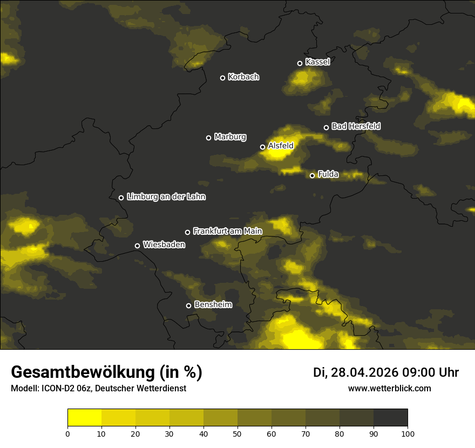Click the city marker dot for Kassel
[300, 63]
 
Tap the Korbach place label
[243, 77]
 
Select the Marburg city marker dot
[208, 138]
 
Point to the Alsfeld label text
[281, 146]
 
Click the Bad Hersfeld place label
[356, 126]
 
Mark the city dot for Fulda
[312, 175]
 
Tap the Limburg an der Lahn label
[166, 197]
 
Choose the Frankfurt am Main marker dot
[187, 232]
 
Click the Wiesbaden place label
[164, 245]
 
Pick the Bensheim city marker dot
[188, 306]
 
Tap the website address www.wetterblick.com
[389, 388]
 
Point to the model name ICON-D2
[55, 388]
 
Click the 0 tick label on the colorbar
[67, 433]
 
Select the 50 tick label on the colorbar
[237, 433]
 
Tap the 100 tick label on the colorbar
[408, 433]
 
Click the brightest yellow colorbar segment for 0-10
[84, 417]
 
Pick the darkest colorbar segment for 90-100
[390, 417]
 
